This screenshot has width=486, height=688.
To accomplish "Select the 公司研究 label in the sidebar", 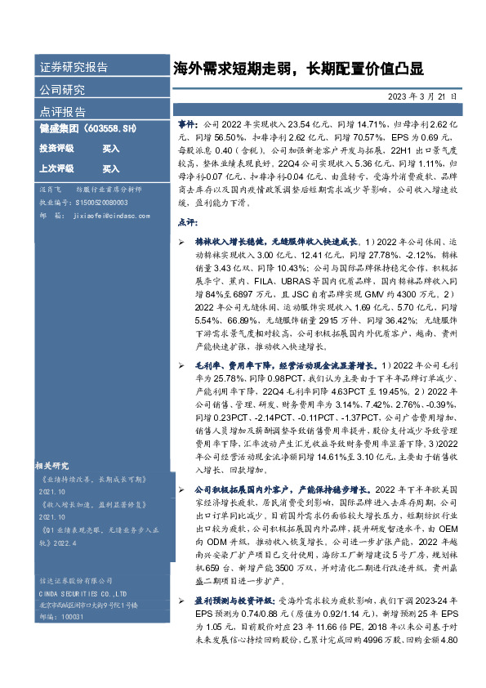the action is click(x=62, y=89).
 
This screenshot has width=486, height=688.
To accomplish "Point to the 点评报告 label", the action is click(x=62, y=111).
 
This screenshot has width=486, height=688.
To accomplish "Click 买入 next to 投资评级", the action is click(x=110, y=149).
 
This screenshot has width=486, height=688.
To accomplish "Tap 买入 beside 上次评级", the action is click(x=110, y=169).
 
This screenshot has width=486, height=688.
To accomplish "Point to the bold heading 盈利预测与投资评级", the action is click(x=234, y=602).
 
